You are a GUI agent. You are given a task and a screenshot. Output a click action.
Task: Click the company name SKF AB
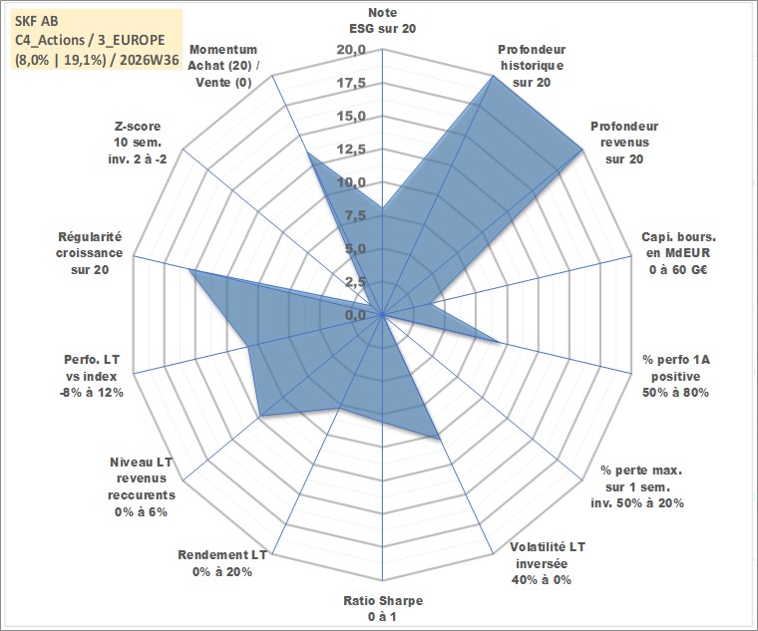[37, 21]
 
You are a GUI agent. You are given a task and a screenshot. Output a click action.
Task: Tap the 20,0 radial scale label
[352, 50]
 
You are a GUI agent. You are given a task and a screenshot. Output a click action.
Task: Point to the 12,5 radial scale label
[352, 150]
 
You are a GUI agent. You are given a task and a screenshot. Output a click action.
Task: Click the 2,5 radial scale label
[355, 282]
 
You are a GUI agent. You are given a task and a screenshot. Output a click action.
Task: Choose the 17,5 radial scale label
[352, 83]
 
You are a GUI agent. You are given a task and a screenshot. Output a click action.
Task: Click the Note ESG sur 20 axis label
[382, 20]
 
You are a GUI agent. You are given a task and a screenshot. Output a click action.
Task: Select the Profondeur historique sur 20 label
[532, 66]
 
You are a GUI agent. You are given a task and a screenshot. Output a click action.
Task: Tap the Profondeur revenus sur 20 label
[624, 143]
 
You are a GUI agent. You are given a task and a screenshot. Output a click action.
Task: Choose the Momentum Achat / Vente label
[222, 66]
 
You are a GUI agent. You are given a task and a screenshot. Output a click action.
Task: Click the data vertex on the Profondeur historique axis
[493, 76]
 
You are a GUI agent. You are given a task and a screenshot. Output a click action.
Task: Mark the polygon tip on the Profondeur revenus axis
[582, 150]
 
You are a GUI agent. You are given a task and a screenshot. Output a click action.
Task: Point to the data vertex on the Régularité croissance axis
[190, 270]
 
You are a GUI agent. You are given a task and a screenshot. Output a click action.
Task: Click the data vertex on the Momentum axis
[308, 154]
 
